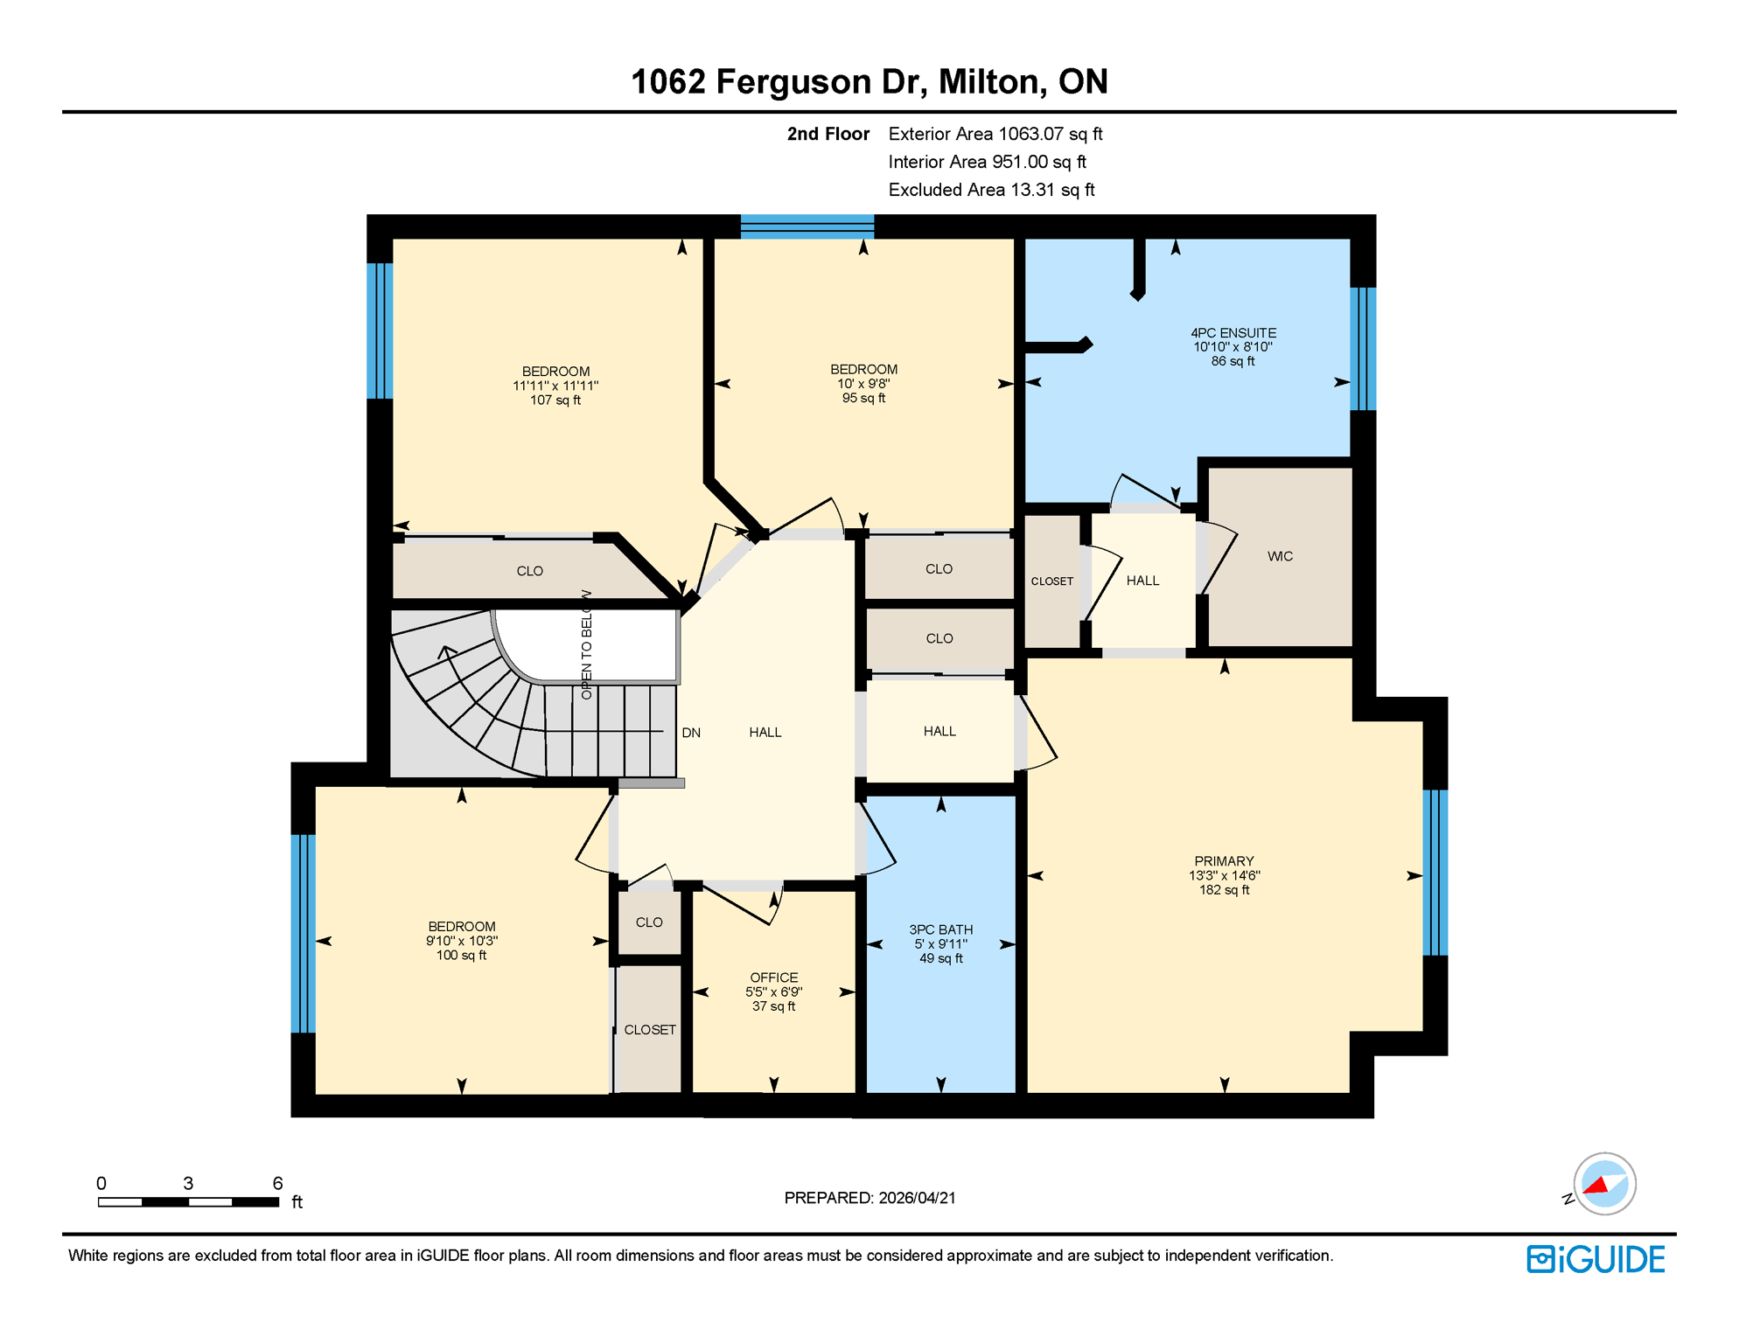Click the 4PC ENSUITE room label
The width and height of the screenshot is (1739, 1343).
[x=1233, y=333]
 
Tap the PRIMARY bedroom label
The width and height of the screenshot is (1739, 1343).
[x=1224, y=861]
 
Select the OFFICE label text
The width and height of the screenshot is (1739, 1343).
[x=773, y=978]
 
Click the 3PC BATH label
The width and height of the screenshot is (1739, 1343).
[x=940, y=929]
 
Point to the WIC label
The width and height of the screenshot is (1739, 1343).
[x=1279, y=556]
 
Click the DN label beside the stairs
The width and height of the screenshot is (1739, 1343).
[x=691, y=733]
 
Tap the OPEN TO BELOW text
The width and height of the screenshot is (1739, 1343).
[x=586, y=644]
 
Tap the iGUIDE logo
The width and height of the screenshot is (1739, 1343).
[x=1596, y=1259]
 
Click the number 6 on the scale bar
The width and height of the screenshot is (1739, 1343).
[x=277, y=1183]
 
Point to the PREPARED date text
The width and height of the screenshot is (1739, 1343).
[x=869, y=1198]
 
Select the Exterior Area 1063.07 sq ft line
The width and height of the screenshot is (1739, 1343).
[x=995, y=134]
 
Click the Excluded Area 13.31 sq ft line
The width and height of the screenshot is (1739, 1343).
[x=991, y=190]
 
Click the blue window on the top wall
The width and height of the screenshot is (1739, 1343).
[x=807, y=226]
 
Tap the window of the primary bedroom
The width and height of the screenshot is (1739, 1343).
[x=1435, y=872]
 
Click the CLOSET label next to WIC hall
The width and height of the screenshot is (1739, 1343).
[x=1051, y=581]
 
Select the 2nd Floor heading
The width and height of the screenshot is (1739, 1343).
[x=828, y=134]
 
